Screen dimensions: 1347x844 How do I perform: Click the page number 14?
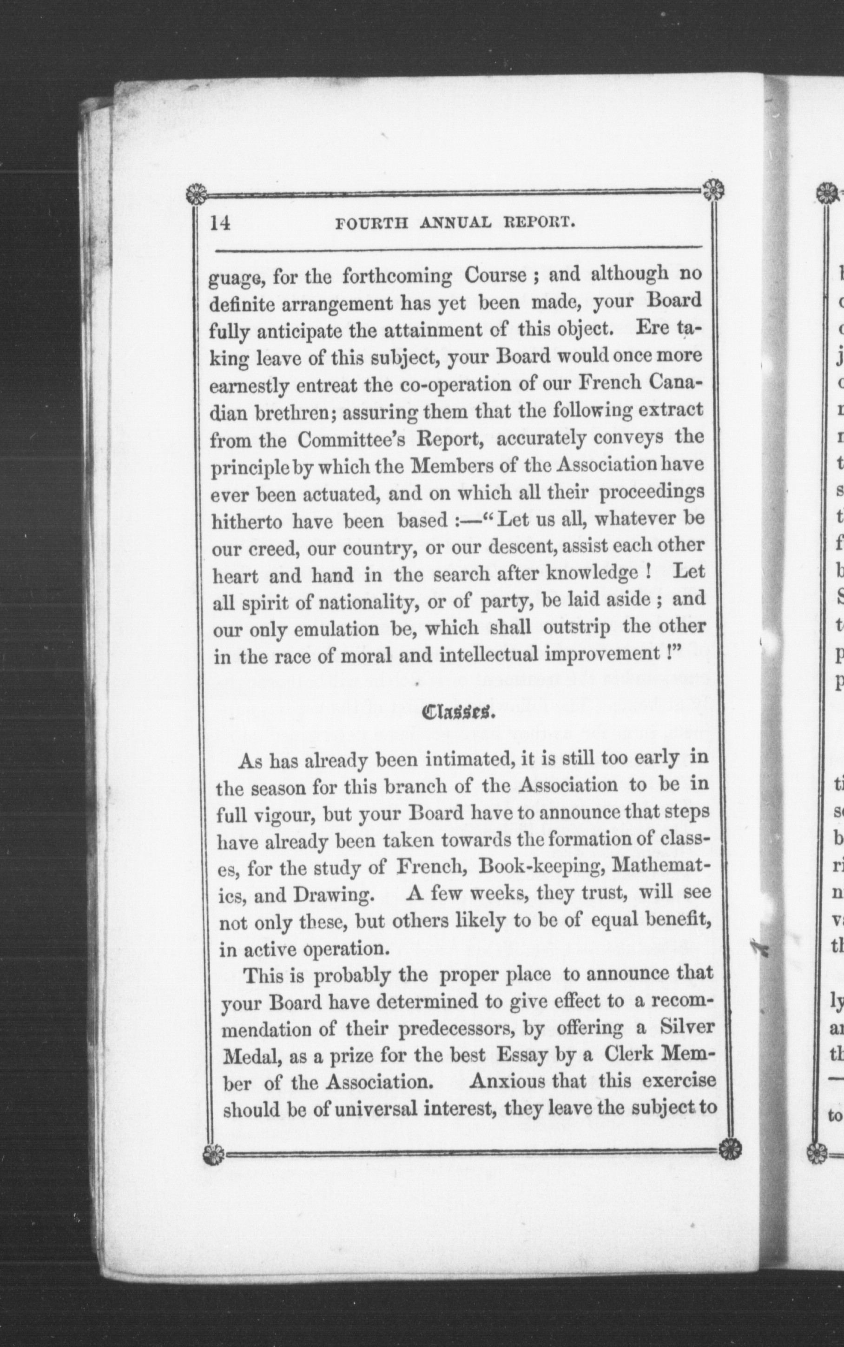tap(220, 223)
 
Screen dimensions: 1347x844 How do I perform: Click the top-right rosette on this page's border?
tap(713, 190)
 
